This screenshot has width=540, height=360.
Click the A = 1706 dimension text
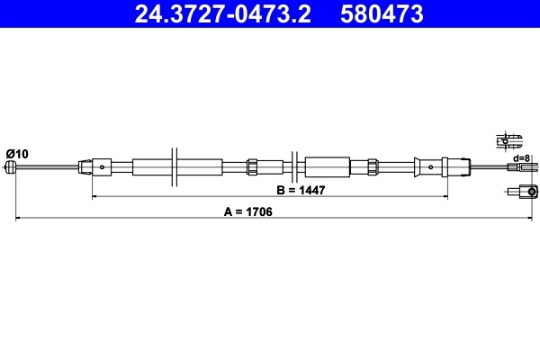pos(247,212)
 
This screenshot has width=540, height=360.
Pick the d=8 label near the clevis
pos(520,158)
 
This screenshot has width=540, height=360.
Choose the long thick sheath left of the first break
pos(153,166)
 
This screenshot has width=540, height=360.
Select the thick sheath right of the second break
pos(326,166)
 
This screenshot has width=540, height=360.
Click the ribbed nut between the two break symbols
pos(252,166)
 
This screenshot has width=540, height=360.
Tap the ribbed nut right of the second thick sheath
pos(372,166)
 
